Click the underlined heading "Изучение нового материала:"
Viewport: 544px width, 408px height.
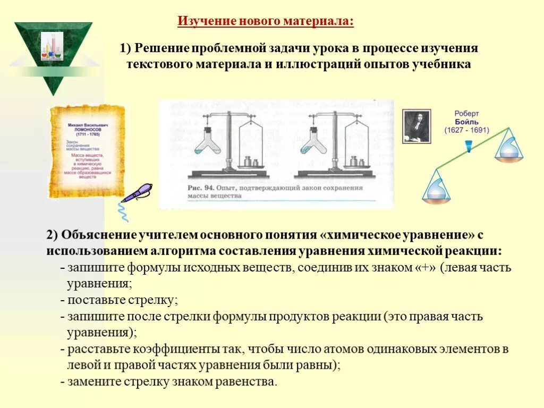click(265, 22)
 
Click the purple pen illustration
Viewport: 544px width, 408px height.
click(137, 193)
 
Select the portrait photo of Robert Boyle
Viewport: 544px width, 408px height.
click(416, 126)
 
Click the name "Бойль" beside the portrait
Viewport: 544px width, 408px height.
click(467, 121)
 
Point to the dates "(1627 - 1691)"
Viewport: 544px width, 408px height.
click(467, 130)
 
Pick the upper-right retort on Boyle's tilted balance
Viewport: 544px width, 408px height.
click(508, 147)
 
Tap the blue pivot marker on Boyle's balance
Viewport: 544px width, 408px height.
click(468, 145)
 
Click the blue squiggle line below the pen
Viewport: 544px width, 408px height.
click(123, 212)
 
